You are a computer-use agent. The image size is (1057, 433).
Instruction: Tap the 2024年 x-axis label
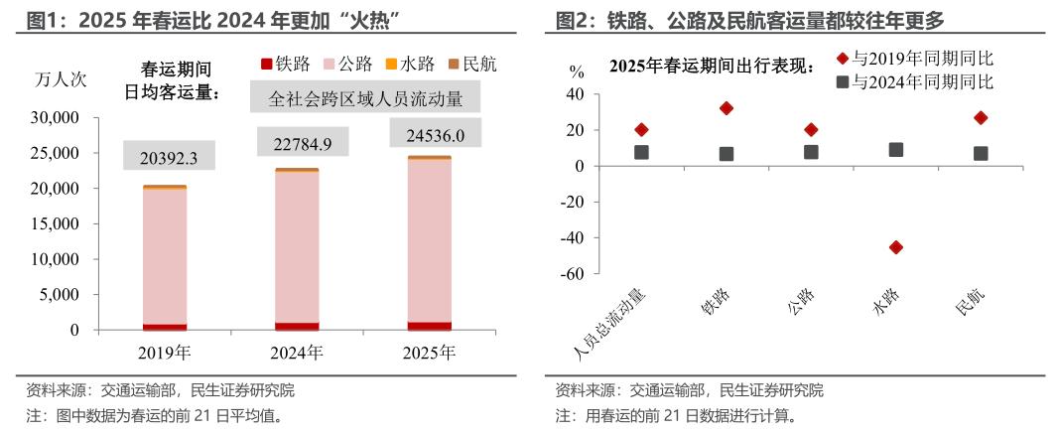pyautogui.click(x=297, y=352)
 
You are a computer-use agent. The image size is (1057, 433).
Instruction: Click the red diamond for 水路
pyautogui.click(x=896, y=247)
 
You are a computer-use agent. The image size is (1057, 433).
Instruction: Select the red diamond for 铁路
pyautogui.click(x=727, y=108)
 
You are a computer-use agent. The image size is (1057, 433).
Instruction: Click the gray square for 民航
pyautogui.click(x=981, y=153)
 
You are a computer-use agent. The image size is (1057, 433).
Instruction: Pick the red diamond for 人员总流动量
pyautogui.click(x=641, y=130)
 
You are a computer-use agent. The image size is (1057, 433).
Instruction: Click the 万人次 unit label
pyautogui.click(x=60, y=79)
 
